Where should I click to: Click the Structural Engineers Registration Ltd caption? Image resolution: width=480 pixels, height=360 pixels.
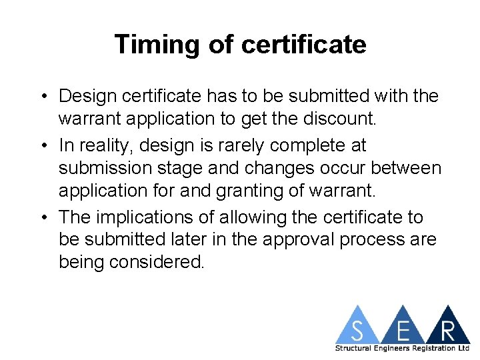(403, 349)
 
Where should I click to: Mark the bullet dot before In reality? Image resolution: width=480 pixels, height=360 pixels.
(43, 145)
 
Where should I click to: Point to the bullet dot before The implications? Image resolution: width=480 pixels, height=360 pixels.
(43, 218)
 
